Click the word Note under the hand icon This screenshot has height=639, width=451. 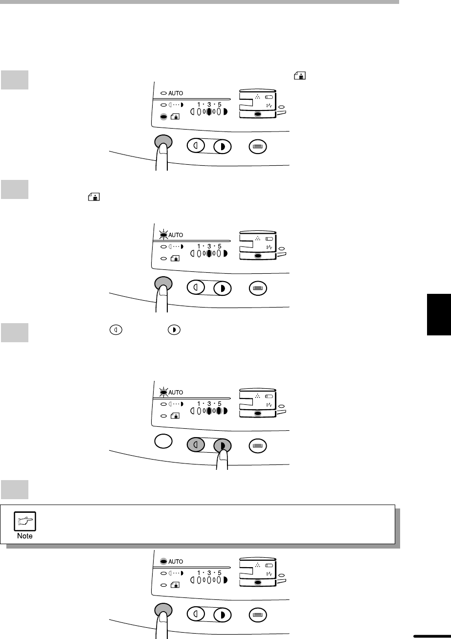tap(25, 536)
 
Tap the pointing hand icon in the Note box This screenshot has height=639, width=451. tap(25, 521)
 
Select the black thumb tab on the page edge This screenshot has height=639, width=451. tap(439, 314)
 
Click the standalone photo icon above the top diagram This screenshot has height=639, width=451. tap(300, 76)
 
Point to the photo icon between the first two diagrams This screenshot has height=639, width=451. tap(94, 197)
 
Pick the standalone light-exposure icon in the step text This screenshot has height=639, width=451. tap(116, 330)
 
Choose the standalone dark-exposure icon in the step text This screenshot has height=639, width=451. tap(174, 330)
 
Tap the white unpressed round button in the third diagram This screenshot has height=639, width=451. tap(163, 441)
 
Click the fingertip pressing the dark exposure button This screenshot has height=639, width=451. tap(223, 454)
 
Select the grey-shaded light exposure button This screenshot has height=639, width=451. tap(196, 444)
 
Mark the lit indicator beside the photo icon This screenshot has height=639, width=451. tap(163, 117)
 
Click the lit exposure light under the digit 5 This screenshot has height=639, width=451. tap(219, 411)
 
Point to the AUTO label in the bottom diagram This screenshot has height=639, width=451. tap(176, 561)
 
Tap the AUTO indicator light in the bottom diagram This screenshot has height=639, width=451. tap(163, 561)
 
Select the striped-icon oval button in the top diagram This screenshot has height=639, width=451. tap(258, 147)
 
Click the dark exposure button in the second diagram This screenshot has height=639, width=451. tap(223, 288)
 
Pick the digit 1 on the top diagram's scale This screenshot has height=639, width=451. tap(199, 105)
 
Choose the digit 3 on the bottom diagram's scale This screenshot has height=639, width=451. tap(209, 573)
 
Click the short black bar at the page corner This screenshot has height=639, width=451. tap(432, 636)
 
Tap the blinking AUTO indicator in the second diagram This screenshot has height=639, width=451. tap(163, 235)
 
